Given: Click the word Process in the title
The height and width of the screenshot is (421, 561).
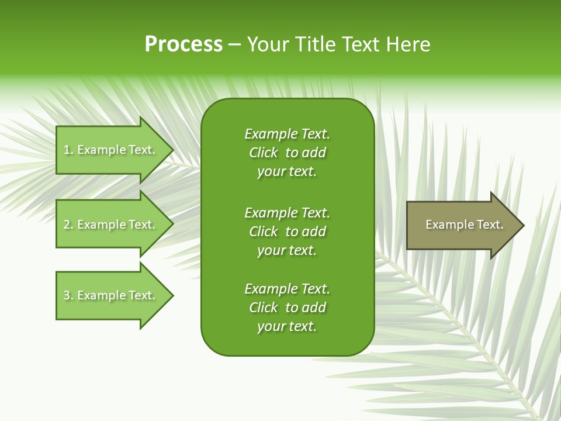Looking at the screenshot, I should tap(183, 44).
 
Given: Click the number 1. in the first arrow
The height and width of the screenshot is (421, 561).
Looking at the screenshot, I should tap(68, 150).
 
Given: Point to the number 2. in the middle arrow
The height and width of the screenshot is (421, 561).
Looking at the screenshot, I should tap(68, 225).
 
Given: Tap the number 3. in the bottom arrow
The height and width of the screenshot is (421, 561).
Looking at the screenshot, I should tap(68, 295).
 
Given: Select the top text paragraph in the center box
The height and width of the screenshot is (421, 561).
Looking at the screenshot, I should tap(287, 153).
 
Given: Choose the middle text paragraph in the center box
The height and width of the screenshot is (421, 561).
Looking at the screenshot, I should tap(287, 232).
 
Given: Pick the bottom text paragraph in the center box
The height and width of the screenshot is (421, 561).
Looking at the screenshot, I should tap(287, 308).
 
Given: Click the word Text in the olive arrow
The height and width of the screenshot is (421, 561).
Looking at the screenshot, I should tap(490, 225).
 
